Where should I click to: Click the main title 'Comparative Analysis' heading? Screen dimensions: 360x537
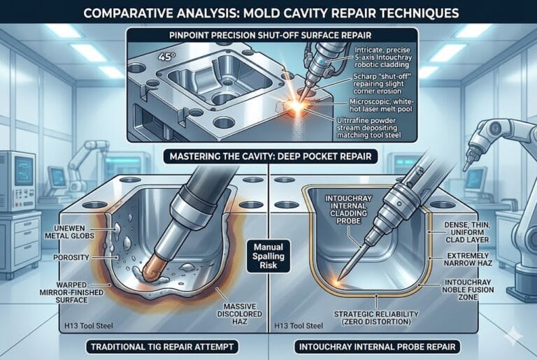point(268,12)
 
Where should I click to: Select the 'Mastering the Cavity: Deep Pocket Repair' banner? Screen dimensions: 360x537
point(268,157)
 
